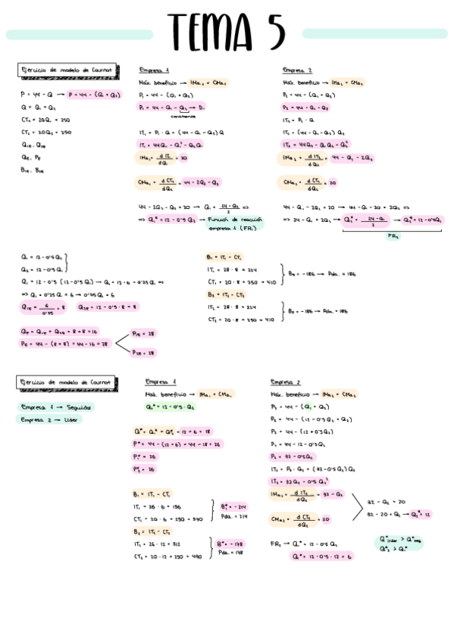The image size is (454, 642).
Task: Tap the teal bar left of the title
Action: (80, 35)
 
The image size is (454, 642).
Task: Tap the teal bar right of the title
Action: (374, 33)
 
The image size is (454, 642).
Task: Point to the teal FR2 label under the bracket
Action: (393, 236)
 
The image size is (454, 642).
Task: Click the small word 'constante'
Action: (183, 117)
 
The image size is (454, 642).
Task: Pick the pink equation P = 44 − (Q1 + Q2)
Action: (94, 95)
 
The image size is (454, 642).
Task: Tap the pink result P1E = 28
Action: (143, 333)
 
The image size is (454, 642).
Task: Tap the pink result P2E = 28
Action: (143, 352)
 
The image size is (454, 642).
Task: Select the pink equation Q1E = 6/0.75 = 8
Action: (45, 307)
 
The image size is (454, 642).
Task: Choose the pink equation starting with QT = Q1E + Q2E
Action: (59, 331)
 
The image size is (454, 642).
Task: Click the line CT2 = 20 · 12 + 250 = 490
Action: (168, 556)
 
